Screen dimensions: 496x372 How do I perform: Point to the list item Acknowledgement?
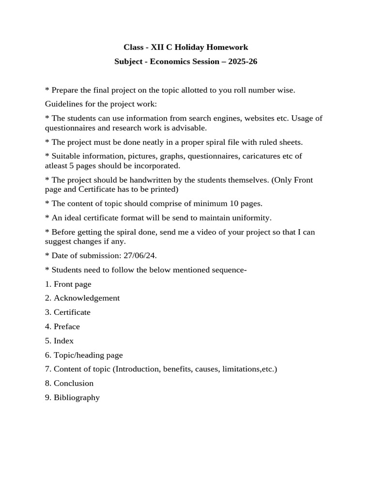(86, 298)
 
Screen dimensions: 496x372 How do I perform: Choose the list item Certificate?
(72, 312)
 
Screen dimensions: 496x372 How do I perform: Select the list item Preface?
(66, 326)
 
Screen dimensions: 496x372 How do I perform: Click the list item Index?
(63, 341)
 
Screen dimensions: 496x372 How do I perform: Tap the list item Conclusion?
(73, 383)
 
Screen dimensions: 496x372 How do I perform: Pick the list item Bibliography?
(77, 398)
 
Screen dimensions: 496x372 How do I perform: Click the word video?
(204, 232)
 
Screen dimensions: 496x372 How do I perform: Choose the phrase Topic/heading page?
(88, 355)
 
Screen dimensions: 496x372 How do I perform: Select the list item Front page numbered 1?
(72, 284)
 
